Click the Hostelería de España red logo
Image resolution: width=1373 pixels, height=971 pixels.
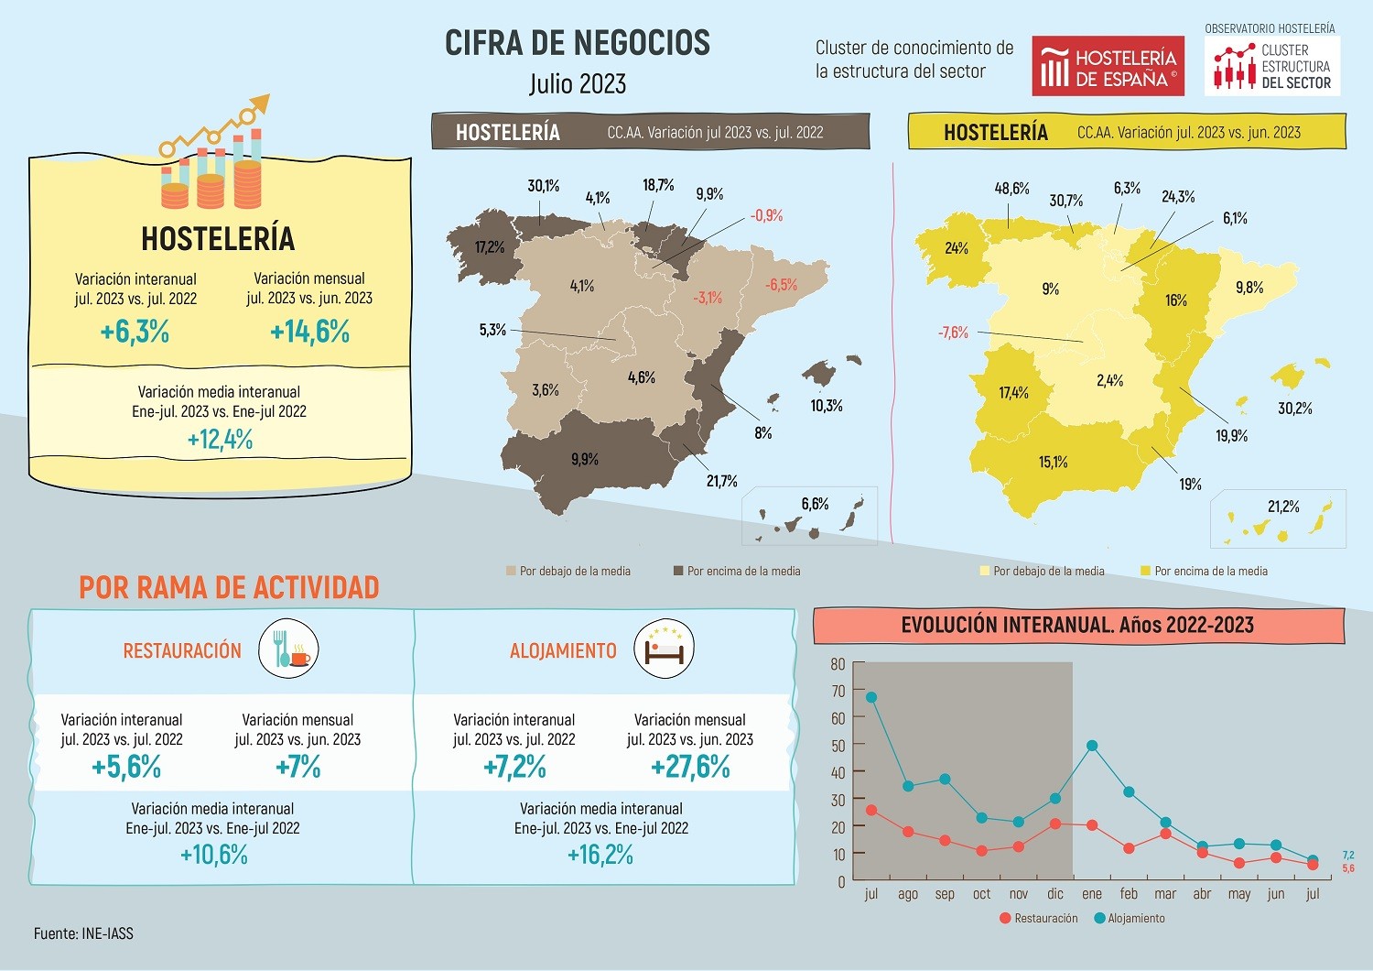click(x=1108, y=66)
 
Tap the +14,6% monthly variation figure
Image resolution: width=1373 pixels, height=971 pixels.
click(x=309, y=331)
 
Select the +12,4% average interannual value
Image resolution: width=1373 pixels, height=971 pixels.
click(x=220, y=440)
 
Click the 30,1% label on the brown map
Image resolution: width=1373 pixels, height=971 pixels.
click(x=543, y=186)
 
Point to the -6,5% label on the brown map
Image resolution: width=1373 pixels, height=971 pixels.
click(x=781, y=284)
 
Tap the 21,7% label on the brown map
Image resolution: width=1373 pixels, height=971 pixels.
click(x=721, y=481)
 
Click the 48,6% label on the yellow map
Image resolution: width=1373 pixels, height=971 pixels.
click(x=1011, y=189)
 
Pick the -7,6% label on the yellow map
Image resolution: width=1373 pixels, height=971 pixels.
click(x=953, y=333)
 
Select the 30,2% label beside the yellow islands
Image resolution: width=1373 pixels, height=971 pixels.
click(x=1294, y=409)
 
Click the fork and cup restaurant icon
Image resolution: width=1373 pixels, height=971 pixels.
click(x=288, y=649)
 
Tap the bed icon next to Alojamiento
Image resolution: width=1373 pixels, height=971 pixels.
click(x=665, y=649)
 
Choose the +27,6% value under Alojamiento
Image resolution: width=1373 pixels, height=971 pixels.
click(x=690, y=767)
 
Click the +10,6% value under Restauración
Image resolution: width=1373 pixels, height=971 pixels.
click(x=214, y=855)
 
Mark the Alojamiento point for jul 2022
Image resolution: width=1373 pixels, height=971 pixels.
click(x=871, y=697)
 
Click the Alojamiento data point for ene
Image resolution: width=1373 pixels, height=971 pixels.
click(x=1092, y=746)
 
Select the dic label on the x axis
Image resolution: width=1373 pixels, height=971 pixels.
click(x=1055, y=894)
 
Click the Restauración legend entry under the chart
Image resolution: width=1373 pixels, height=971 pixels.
click(x=1039, y=918)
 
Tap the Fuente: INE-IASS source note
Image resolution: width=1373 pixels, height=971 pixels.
click(x=83, y=933)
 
